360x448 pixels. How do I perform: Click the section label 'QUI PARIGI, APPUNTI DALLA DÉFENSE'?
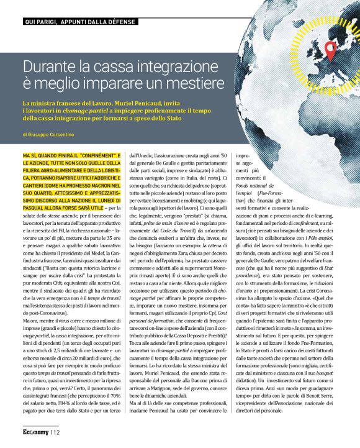[79, 22]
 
